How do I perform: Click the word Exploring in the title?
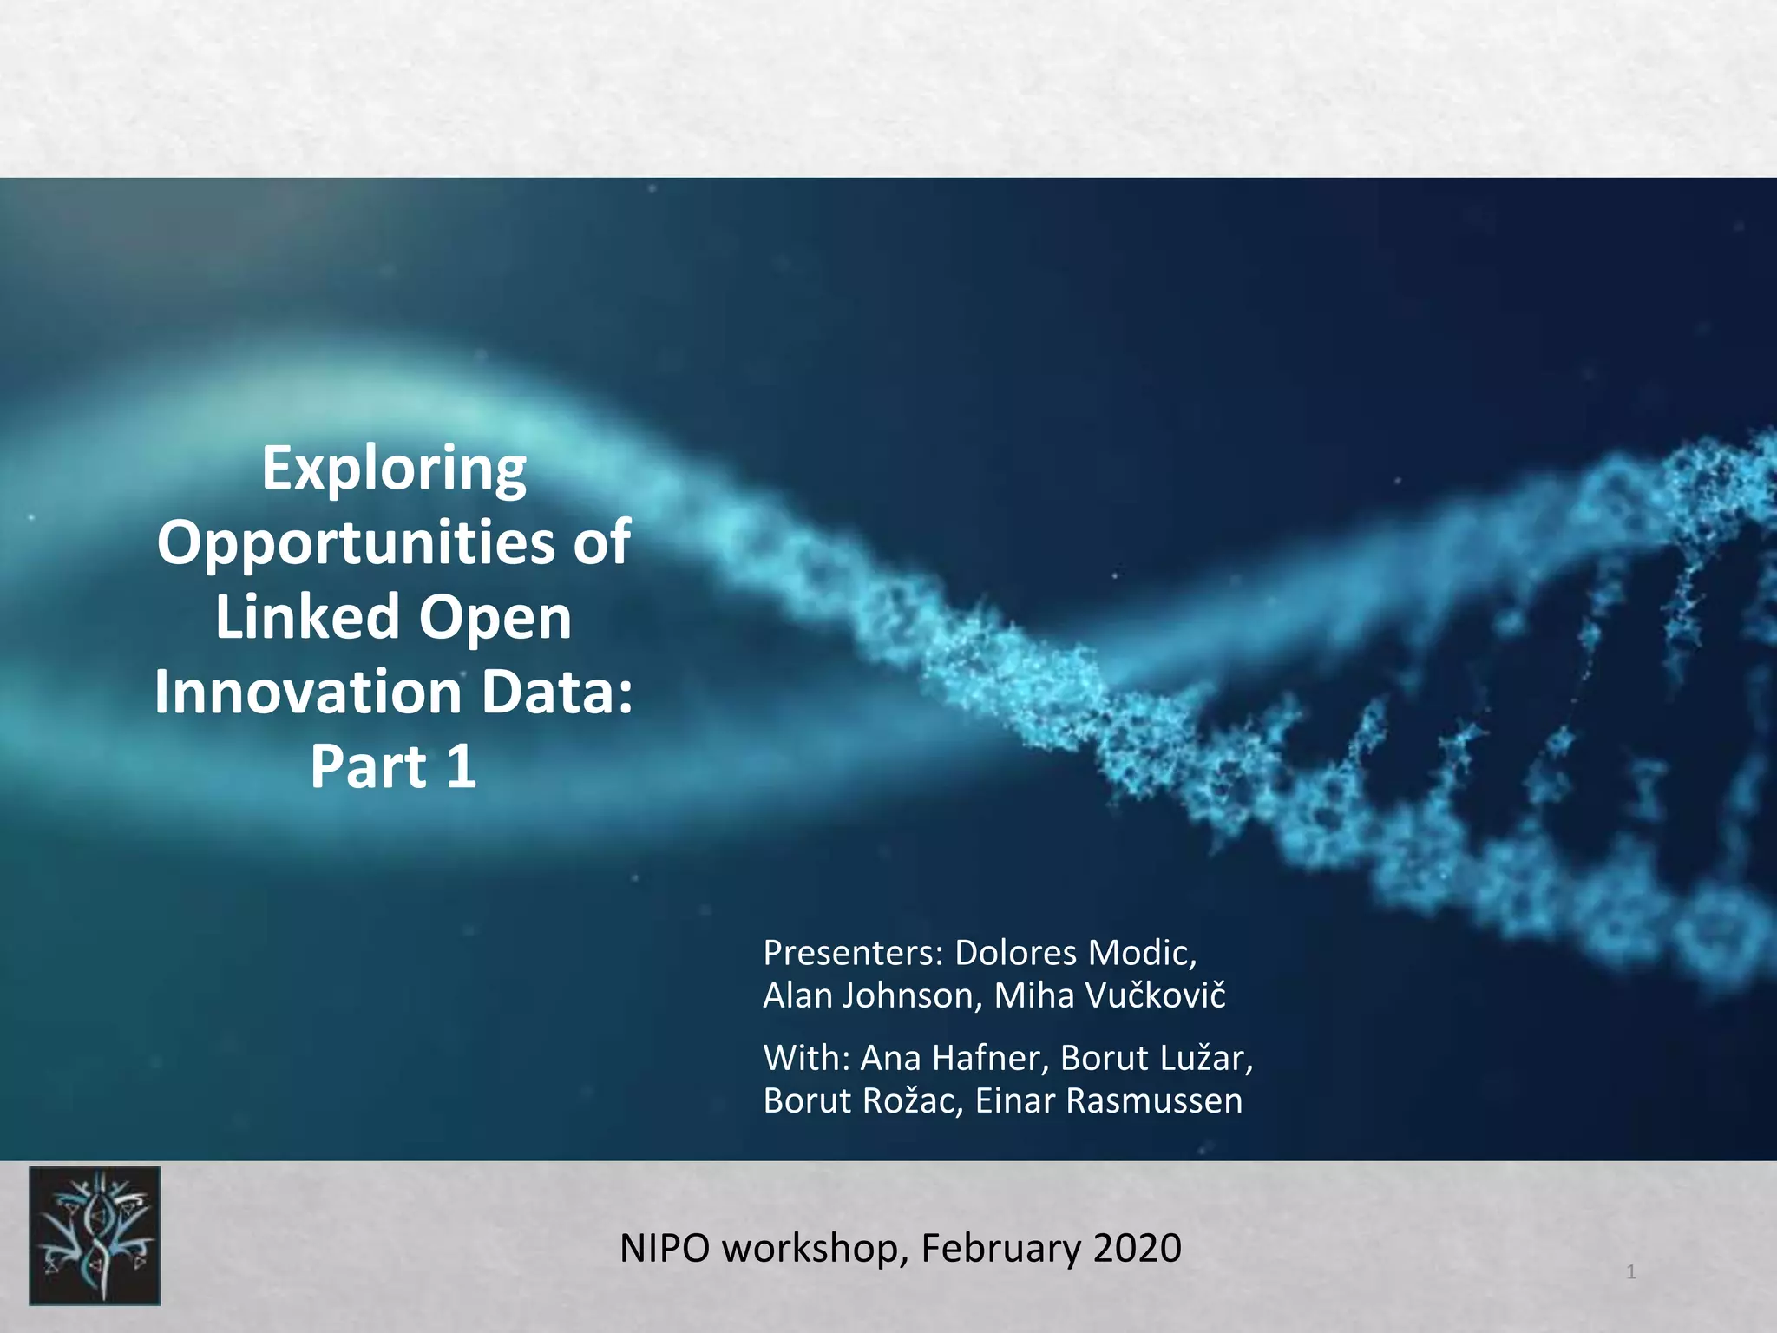(x=394, y=470)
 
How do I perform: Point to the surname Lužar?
(x=1206, y=1058)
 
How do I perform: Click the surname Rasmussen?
(x=1154, y=1100)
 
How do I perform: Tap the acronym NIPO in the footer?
(x=664, y=1248)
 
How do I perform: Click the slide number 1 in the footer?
(x=1631, y=1272)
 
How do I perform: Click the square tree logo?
(x=95, y=1236)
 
